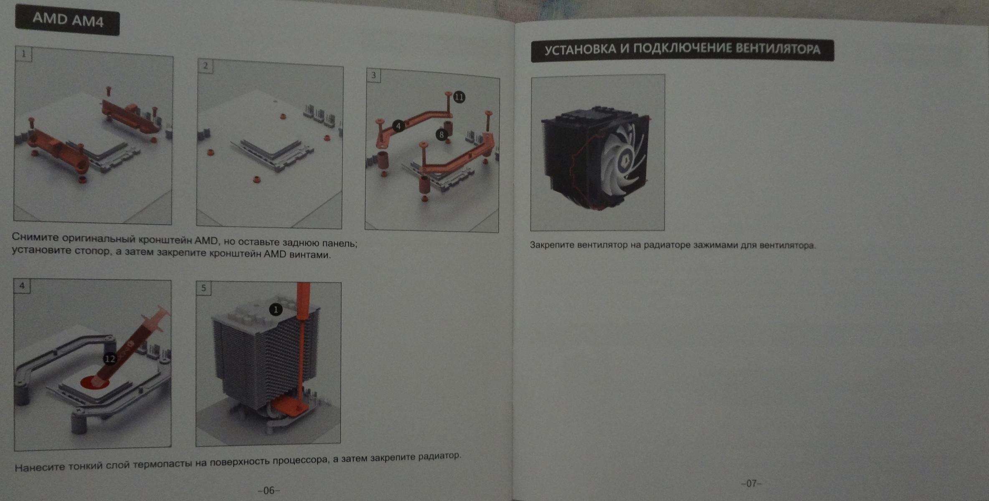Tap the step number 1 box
[x=23, y=54]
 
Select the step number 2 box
[x=205, y=66]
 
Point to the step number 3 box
[x=373, y=75]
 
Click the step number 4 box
[x=22, y=286]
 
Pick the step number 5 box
[x=203, y=288]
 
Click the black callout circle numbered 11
[x=459, y=97]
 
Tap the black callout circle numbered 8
[x=441, y=134]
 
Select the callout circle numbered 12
[x=110, y=359]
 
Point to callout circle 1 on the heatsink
[x=276, y=309]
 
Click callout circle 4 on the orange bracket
[x=398, y=126]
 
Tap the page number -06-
[x=269, y=490]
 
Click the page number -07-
[x=751, y=483]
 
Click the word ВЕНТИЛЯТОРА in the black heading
[x=778, y=49]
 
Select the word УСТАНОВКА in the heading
[x=580, y=50]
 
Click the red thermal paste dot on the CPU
[x=94, y=382]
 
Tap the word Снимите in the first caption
[x=35, y=237]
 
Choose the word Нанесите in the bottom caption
[x=40, y=468]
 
